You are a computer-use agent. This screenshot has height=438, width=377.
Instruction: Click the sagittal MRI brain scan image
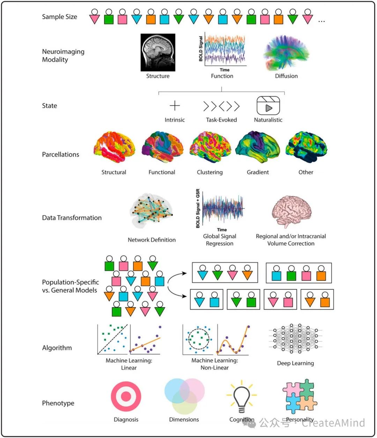coord(158,52)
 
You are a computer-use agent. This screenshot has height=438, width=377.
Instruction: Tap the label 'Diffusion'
coord(286,76)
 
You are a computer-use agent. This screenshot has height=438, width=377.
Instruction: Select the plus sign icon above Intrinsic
coord(175,106)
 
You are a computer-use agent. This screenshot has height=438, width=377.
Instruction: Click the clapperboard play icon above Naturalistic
coord(268,106)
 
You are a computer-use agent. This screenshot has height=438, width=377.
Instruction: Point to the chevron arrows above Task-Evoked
coord(221,106)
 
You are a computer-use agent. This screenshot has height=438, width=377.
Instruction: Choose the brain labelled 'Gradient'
coord(258,147)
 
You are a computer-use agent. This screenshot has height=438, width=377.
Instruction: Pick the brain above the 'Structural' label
coord(114,147)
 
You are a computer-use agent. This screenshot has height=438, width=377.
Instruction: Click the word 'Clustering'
coord(209,172)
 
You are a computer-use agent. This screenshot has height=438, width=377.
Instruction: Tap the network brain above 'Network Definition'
coord(152,211)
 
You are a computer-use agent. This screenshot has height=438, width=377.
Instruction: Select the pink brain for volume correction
coord(291,211)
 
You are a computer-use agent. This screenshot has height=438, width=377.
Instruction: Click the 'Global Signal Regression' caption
coord(220,240)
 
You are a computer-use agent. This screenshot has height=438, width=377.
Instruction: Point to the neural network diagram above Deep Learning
coord(295,338)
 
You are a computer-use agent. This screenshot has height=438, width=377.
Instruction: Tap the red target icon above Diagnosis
coord(126,397)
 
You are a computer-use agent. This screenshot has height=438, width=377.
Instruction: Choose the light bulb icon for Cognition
coord(242,397)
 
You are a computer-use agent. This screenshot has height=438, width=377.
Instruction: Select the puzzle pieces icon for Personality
coord(300,397)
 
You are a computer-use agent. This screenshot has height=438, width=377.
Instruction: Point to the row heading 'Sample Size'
coord(59,17)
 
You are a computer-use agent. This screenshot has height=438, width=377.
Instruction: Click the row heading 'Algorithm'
coord(57,348)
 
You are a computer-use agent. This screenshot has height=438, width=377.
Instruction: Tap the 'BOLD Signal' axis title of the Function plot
coord(201,49)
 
